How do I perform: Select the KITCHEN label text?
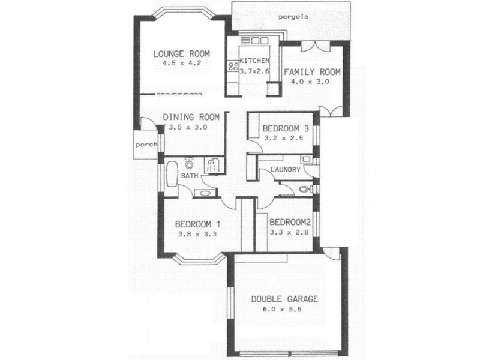point(254,61)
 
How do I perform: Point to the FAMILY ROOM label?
point(312,72)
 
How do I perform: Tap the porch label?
point(146,145)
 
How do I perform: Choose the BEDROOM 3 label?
point(286,128)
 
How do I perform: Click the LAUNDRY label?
point(285,170)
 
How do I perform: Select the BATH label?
point(190,176)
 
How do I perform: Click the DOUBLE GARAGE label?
point(284,299)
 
